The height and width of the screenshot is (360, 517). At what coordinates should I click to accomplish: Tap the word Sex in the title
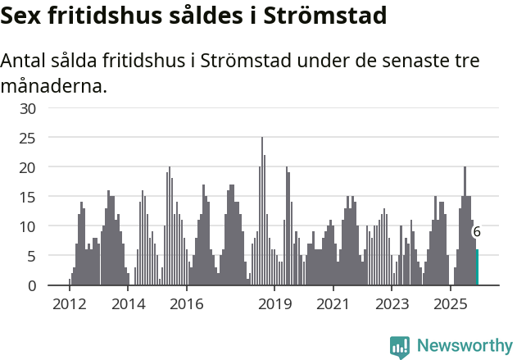pyautogui.click(x=23, y=16)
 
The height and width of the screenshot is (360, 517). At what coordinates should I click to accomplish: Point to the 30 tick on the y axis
pyautogui.click(x=28, y=108)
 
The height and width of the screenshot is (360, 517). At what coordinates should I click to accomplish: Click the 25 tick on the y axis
pyautogui.click(x=28, y=138)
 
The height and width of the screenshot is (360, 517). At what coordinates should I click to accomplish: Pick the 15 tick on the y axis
pyautogui.click(x=28, y=197)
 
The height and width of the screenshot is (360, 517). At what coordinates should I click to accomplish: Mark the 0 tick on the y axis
pyautogui.click(x=32, y=285)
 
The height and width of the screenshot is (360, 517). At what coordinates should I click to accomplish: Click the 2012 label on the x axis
pyautogui.click(x=69, y=304)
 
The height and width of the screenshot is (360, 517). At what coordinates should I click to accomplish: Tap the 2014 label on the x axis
pyautogui.click(x=129, y=304)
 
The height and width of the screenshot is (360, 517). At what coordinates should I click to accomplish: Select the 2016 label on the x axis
pyautogui.click(x=187, y=304)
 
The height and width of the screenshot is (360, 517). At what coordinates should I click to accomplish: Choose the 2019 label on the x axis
pyautogui.click(x=275, y=304)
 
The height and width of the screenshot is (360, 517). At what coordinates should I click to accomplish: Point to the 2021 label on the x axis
pyautogui.click(x=333, y=304)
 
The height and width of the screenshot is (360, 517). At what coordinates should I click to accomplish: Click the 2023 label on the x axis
pyautogui.click(x=392, y=304)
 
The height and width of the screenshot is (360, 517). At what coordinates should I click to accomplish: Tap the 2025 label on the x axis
pyautogui.click(x=451, y=304)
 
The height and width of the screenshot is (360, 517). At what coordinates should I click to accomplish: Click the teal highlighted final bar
pyautogui.click(x=477, y=267)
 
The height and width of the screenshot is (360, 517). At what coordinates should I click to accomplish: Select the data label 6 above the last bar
pyautogui.click(x=477, y=232)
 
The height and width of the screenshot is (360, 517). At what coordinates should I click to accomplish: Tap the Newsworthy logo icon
pyautogui.click(x=400, y=347)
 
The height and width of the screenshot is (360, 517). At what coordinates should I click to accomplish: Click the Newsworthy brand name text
pyautogui.click(x=465, y=346)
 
